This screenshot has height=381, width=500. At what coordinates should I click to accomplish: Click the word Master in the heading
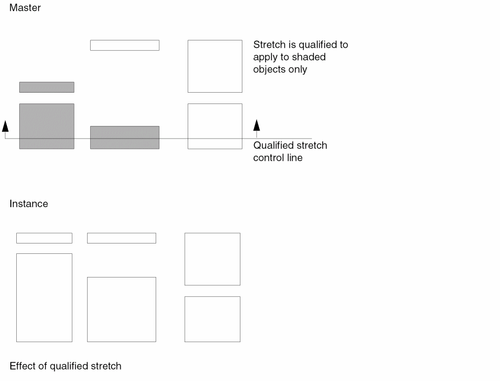tap(25, 8)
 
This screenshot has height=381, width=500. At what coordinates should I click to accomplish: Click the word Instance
tap(29, 204)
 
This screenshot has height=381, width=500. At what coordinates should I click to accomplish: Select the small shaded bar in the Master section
tap(47, 87)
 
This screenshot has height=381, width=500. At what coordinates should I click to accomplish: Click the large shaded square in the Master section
tap(47, 126)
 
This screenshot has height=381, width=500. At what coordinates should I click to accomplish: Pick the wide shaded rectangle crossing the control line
tap(125, 138)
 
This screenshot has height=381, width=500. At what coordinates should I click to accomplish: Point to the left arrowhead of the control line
tap(5, 126)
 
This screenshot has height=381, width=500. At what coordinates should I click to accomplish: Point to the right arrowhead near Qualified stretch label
tap(257, 125)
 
